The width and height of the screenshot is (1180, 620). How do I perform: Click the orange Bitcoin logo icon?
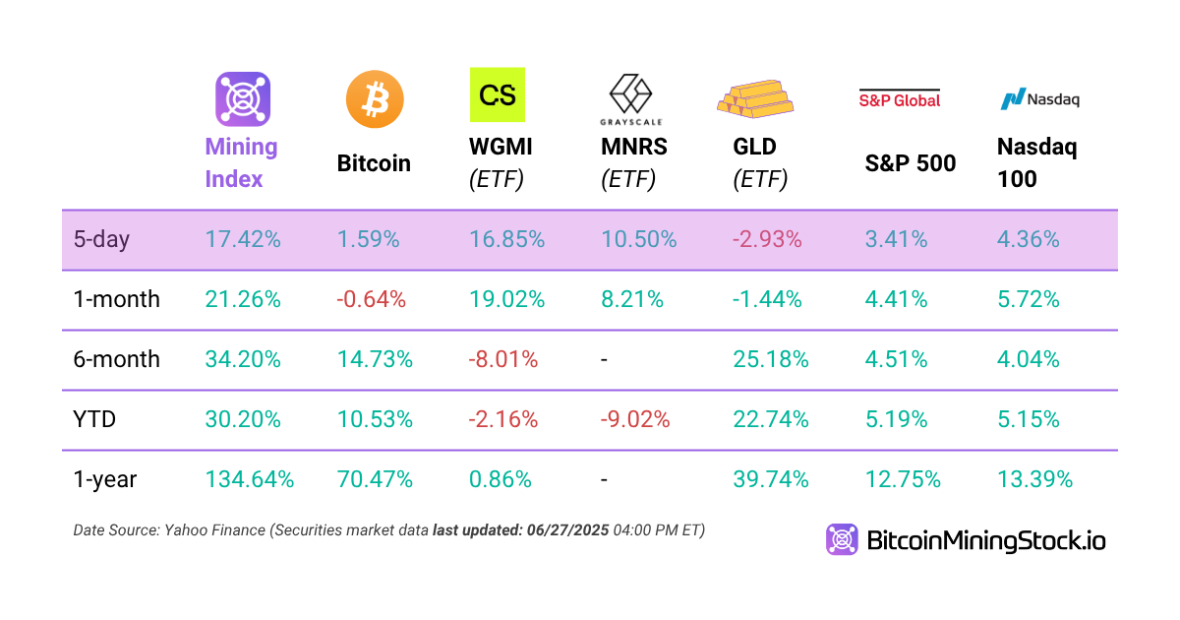[375, 98]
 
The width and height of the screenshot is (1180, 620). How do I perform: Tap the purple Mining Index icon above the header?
[243, 98]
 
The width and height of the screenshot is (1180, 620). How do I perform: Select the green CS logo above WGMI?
[498, 94]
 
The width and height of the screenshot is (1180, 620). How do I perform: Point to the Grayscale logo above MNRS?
[631, 98]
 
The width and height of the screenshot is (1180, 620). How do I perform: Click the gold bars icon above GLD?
[754, 95]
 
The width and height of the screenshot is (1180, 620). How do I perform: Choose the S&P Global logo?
[900, 98]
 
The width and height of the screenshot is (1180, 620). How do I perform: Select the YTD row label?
[94, 419]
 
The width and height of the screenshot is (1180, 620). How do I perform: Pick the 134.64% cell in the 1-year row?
[250, 480]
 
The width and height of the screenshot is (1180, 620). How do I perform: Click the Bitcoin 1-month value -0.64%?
[372, 299]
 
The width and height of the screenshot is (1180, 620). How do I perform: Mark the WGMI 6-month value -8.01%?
[503, 359]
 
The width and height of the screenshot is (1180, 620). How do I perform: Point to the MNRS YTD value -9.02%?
[635, 419]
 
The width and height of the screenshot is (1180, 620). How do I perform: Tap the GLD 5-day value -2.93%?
[767, 239]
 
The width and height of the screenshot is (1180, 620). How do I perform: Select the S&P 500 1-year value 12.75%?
[903, 480]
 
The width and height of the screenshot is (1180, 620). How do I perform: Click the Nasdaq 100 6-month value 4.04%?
[1029, 359]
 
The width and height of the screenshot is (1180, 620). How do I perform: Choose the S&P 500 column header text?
[911, 163]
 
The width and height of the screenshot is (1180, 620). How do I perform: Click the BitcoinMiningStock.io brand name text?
[986, 539]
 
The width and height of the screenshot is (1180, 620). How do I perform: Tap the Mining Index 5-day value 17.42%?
[243, 239]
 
